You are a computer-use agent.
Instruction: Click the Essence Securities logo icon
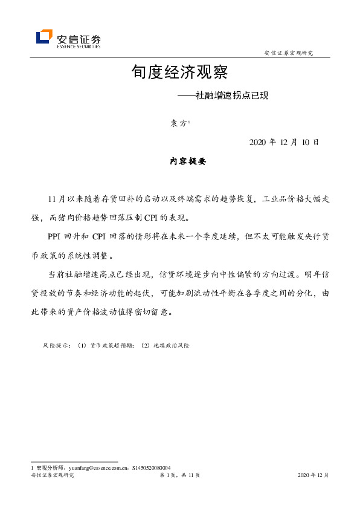pos(44,37)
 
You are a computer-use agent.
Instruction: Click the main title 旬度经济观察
pos(179,73)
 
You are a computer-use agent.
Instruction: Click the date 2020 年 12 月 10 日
pos(284,142)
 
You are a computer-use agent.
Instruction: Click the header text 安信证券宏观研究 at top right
pos(289,53)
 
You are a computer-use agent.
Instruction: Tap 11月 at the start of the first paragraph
pos(55,199)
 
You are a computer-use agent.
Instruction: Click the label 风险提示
pos(56,346)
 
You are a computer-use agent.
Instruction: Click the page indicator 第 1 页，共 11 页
pos(179,476)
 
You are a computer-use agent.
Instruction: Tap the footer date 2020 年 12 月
pos(313,476)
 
